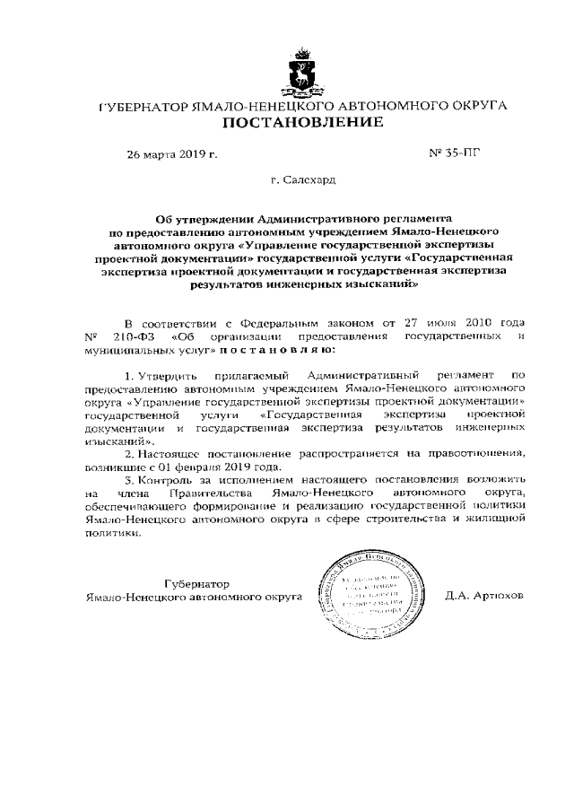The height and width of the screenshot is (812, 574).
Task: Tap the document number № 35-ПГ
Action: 455,153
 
